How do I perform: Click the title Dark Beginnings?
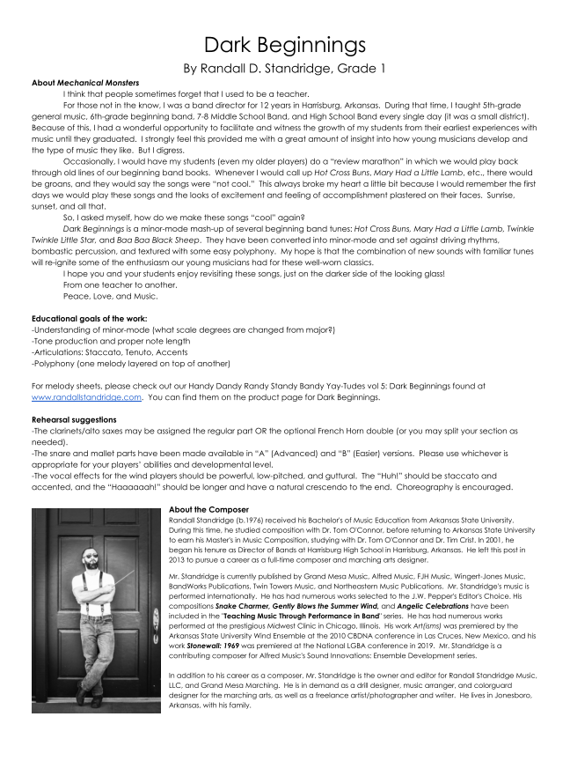[284, 44]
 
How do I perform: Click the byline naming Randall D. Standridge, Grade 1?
[284, 68]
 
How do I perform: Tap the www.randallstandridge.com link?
[86, 397]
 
